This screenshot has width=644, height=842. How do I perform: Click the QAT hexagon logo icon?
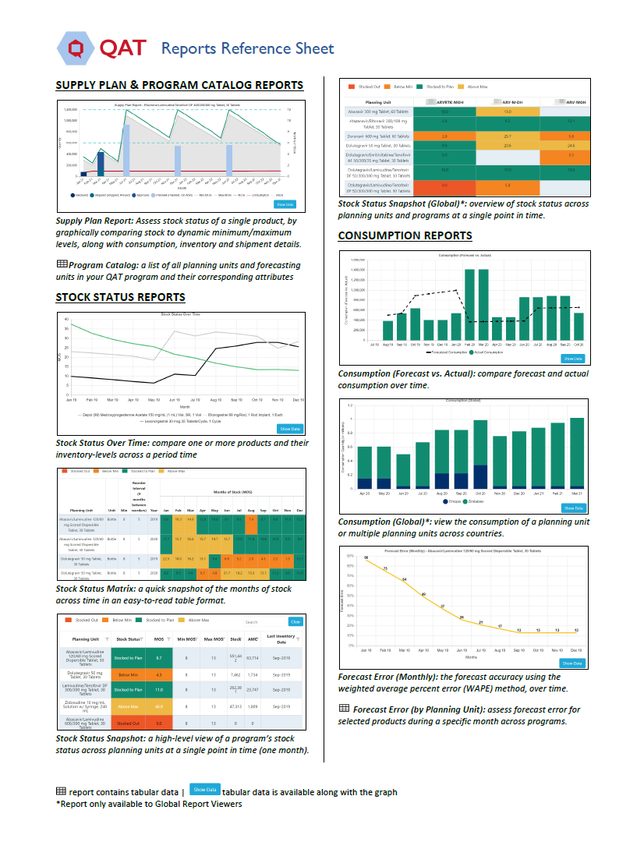coord(76,48)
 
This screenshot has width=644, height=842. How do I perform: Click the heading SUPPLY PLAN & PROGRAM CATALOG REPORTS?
coord(179,85)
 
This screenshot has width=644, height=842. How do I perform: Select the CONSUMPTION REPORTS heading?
coord(405,235)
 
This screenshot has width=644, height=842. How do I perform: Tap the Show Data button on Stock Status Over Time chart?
coord(290,429)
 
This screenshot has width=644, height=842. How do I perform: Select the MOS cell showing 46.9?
coord(158,707)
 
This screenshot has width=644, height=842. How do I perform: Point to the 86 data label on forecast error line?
coord(366,557)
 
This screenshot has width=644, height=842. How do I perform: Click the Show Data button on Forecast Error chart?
coord(571,663)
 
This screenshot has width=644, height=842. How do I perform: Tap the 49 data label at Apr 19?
coord(423,595)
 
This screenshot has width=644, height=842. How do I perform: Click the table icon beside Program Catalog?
coord(62,264)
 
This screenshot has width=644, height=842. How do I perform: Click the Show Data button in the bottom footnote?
coord(204,791)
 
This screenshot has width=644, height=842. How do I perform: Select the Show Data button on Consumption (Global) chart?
coord(571,508)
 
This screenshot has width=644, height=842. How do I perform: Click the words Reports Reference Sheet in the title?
coord(247,49)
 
